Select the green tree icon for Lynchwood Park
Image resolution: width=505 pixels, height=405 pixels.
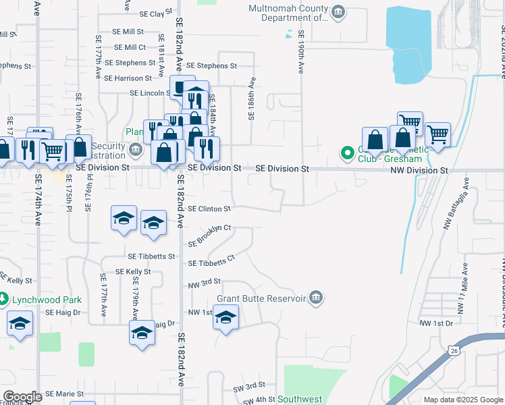click(3, 298)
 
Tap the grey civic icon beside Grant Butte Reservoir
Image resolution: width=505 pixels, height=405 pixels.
click(316, 298)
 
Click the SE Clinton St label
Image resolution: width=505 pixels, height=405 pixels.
click(209, 209)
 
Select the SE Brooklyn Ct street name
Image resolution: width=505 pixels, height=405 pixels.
click(209, 235)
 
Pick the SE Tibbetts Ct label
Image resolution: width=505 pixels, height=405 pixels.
click(211, 261)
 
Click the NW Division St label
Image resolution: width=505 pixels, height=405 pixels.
click(419, 171)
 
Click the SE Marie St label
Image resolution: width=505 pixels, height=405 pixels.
click(64, 394)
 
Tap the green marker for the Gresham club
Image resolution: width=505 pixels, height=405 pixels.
click(348, 153)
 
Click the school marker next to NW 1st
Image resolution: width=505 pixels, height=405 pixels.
click(225, 317)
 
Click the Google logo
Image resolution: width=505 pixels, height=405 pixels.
click(22, 397)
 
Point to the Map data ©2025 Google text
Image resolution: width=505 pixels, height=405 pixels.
click(462, 400)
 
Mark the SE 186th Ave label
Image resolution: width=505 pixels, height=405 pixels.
click(251, 99)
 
